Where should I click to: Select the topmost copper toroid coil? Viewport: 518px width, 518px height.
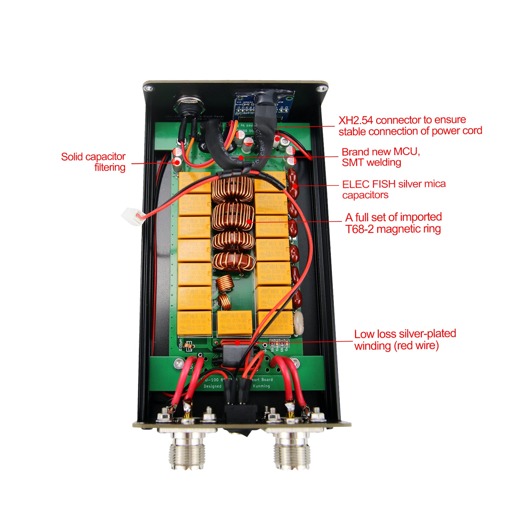coord(232,189)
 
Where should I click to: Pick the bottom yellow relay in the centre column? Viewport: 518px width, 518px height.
coord(234,323)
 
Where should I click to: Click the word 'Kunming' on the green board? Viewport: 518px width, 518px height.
coord(261,386)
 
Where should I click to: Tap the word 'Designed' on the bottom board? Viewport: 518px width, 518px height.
coord(212,386)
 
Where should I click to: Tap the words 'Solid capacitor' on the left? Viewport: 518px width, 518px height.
coord(93,157)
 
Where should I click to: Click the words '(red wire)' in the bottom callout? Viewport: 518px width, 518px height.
coord(416,345)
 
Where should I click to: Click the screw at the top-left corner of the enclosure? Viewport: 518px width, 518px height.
coord(148,88)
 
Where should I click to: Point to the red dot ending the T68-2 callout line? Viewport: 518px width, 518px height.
coord(249,221)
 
